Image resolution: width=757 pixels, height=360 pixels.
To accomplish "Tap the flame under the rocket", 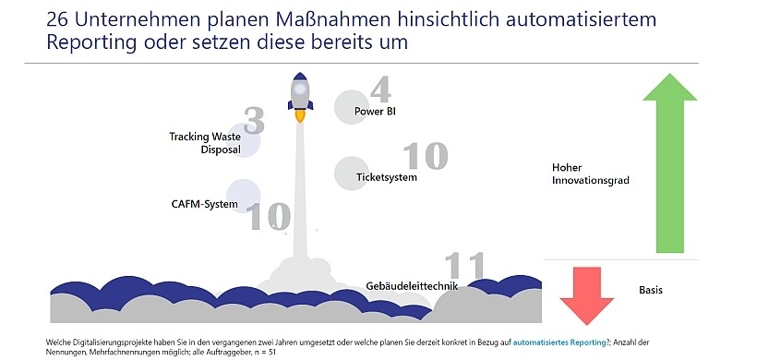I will [300, 116].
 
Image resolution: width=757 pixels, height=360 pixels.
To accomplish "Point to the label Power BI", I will [375, 112].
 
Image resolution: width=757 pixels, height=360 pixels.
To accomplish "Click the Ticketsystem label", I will [387, 176].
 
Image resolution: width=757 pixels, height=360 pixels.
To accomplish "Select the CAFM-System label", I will [204, 204].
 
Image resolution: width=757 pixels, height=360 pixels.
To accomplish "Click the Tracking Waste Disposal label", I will [204, 143].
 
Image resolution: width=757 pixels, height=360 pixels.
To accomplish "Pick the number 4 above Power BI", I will [381, 90].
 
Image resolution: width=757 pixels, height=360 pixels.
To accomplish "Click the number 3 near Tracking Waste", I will [254, 121].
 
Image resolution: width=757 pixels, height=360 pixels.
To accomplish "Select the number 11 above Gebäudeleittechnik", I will [465, 266].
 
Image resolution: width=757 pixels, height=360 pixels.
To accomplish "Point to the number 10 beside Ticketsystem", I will [425, 156].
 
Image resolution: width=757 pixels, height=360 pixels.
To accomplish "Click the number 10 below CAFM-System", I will [268, 217].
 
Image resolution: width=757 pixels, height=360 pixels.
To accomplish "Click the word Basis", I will [651, 289].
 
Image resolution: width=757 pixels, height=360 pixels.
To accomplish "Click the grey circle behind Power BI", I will [350, 106].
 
